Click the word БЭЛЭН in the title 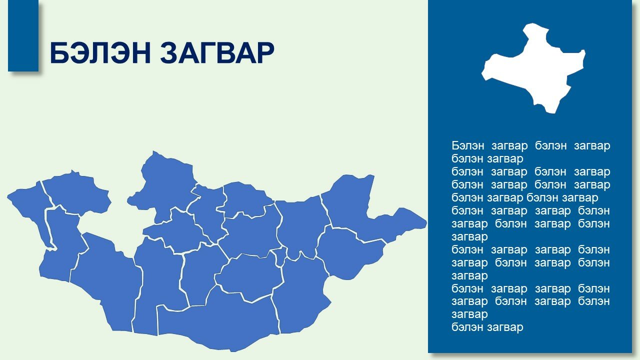[100, 53]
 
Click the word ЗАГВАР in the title [217, 53]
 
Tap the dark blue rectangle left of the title [23, 35]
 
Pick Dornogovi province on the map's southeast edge [300, 294]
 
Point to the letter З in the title [169, 53]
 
